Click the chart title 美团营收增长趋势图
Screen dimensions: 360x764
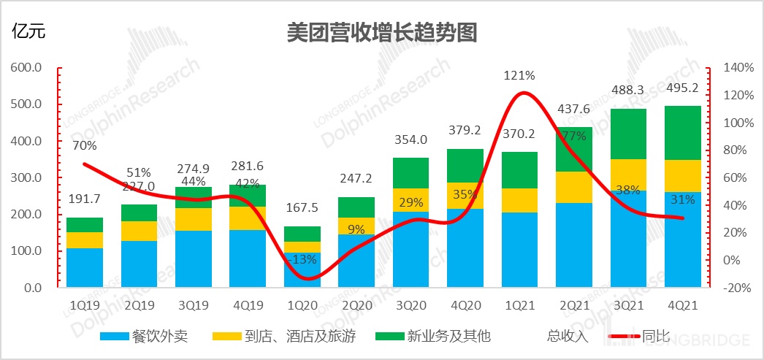pos(382,32)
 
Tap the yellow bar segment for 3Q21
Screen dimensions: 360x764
pos(628,175)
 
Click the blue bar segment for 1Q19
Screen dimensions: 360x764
pos(85,268)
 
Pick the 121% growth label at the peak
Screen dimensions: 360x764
pos(519,75)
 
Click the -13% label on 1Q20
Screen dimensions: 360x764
pos(302,258)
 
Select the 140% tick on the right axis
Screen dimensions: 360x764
pos(738,68)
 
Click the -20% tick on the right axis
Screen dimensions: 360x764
pos(738,288)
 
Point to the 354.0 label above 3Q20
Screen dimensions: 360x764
pos(410,141)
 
